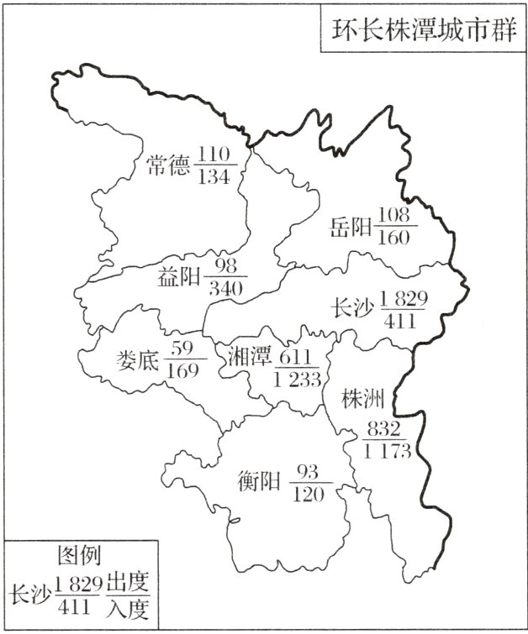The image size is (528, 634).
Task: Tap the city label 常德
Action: click(168, 165)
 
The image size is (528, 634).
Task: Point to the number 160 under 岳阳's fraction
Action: click(393, 237)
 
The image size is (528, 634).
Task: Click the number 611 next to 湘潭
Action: click(297, 357)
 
